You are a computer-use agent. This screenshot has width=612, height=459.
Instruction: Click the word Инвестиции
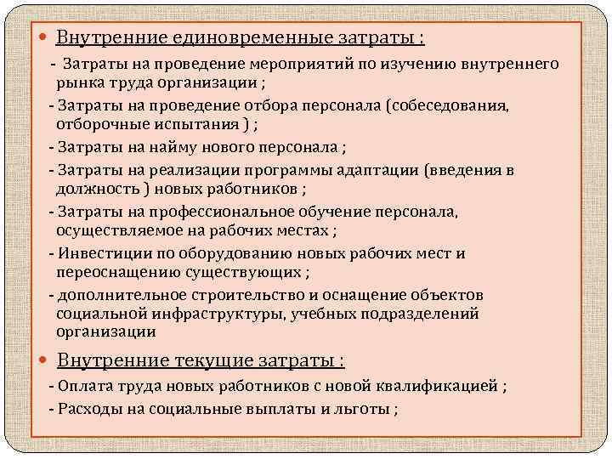click(99, 252)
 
